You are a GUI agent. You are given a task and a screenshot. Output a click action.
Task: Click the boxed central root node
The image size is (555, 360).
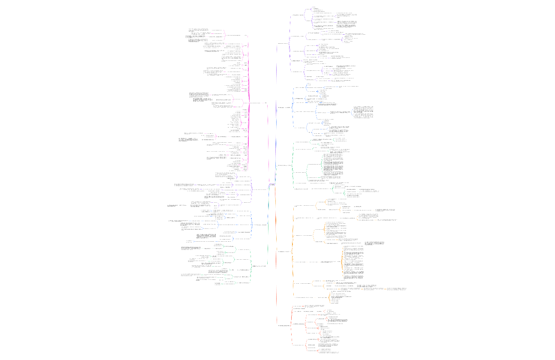point(272,185)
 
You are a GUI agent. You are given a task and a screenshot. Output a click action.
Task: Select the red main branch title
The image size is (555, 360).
point(285,325)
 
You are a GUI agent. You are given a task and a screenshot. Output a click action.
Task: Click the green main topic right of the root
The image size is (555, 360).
point(285,165)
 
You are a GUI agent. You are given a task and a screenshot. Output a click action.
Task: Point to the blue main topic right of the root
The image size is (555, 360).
point(285,107)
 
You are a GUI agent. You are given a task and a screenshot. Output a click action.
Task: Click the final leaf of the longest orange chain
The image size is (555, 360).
point(396,289)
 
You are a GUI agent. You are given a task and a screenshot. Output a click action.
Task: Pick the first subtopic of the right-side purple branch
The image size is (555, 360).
point(298,15)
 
